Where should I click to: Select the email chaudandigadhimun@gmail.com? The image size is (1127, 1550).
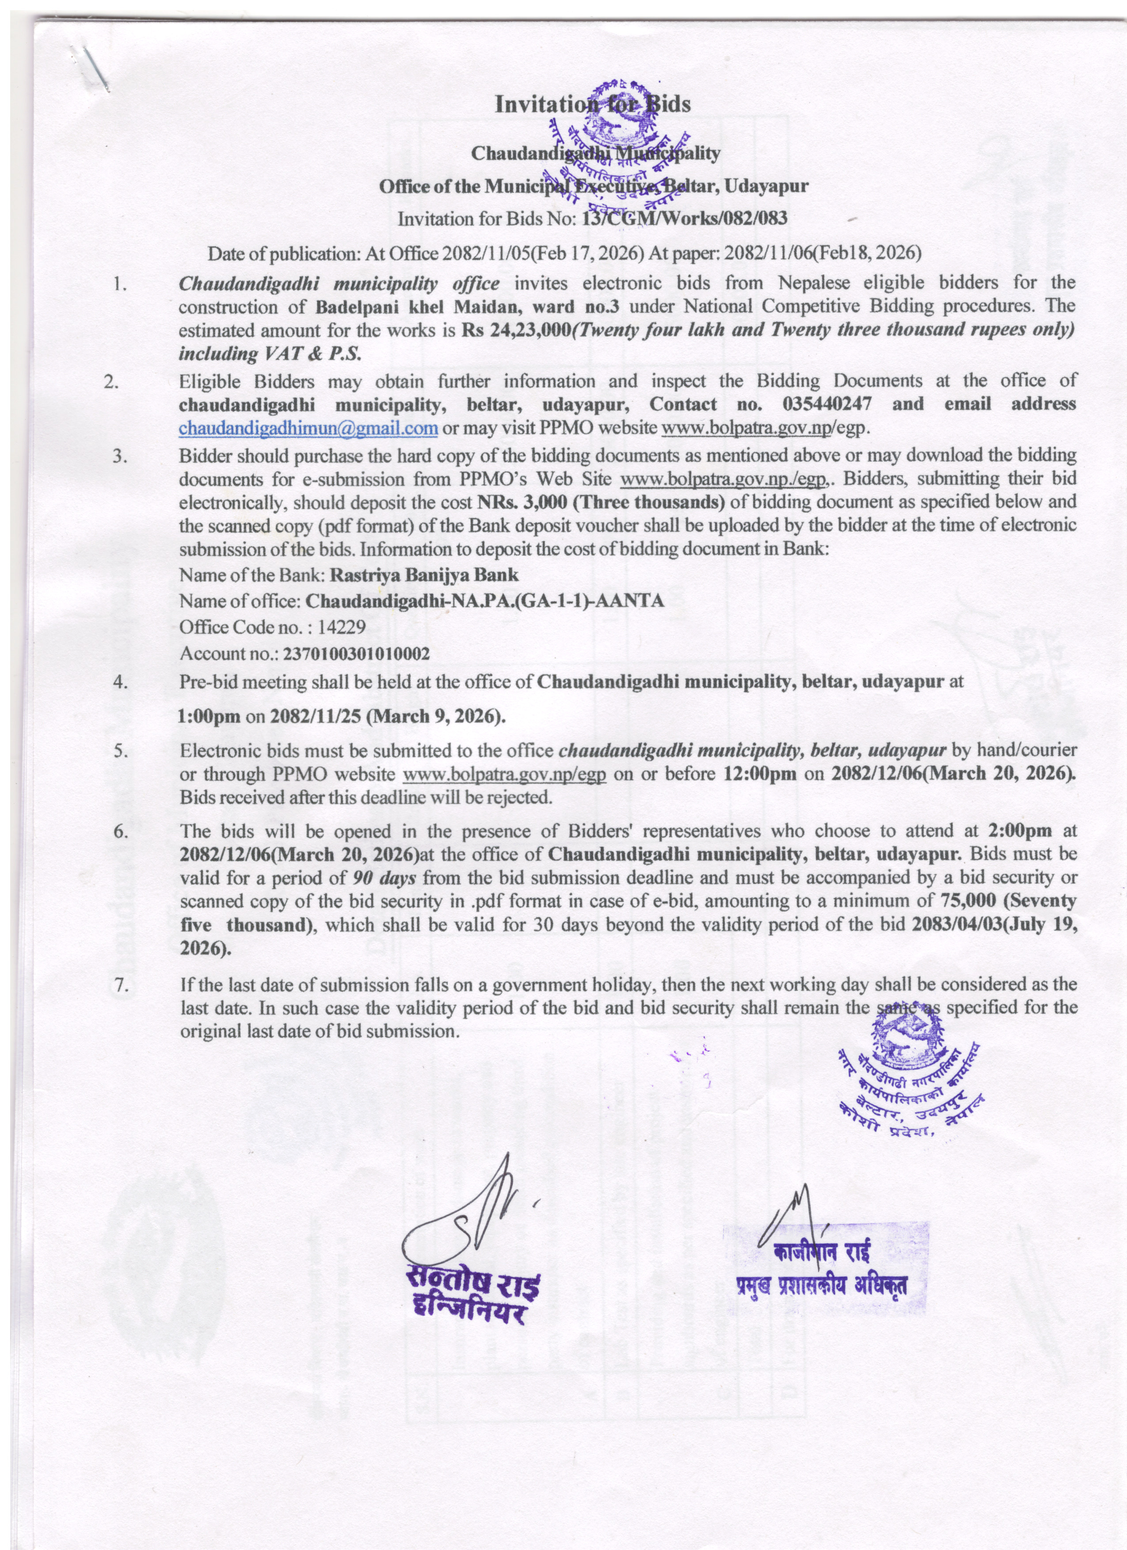click(308, 428)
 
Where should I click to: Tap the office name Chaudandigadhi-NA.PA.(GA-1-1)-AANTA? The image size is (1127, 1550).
click(484, 602)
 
